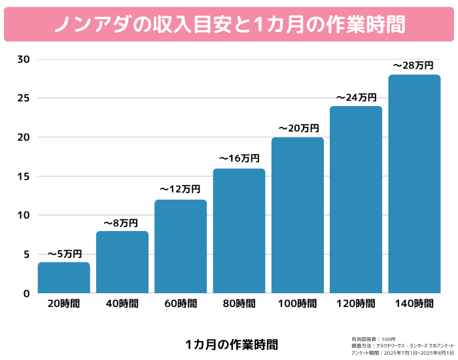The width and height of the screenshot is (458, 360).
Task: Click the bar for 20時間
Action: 63,278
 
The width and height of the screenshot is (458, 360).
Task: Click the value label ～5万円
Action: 64,254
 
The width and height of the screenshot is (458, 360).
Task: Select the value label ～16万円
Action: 239,158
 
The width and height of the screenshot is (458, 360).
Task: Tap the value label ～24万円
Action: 356,97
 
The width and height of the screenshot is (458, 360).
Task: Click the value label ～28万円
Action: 414,65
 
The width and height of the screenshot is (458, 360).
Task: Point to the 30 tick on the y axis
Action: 24,60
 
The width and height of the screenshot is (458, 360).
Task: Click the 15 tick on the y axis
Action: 24,176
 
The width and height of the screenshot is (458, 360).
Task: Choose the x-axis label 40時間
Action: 122,304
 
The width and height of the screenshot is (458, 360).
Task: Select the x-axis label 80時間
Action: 239,304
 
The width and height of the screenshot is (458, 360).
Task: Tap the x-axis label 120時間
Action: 356,304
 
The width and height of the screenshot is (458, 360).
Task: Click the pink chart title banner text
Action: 229,24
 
